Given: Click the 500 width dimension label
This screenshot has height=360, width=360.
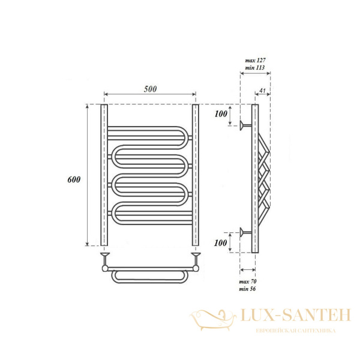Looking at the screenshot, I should click(x=150, y=89).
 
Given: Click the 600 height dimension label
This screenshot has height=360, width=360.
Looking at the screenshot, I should click(x=74, y=180).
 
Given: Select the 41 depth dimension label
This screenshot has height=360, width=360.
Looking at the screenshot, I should click(x=262, y=91).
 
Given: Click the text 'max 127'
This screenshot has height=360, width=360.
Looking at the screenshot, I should click(x=256, y=61).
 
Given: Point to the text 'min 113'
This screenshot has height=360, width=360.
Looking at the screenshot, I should click(x=256, y=68).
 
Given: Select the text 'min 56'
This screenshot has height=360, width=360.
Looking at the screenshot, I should click(x=248, y=289).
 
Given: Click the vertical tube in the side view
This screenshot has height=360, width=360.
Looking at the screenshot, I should click(x=255, y=180).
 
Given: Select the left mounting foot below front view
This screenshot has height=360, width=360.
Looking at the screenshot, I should click(x=104, y=258).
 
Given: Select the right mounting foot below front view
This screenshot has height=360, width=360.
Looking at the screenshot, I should click(x=195, y=258).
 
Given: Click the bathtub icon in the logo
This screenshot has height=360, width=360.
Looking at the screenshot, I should click(x=211, y=316).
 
